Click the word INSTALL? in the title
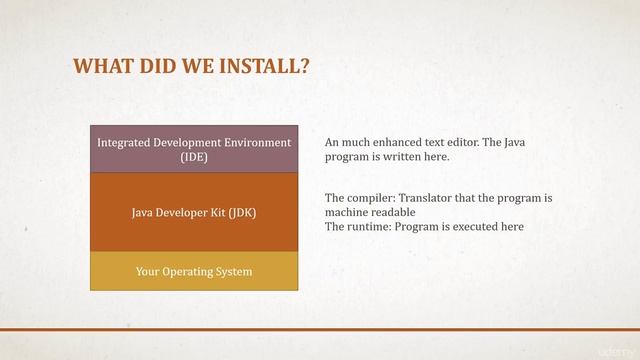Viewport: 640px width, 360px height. click(263, 67)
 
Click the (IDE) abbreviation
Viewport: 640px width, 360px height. click(194, 157)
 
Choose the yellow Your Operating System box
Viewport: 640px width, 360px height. click(194, 271)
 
